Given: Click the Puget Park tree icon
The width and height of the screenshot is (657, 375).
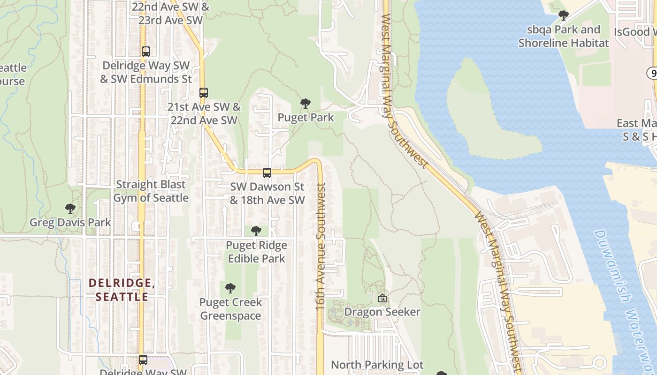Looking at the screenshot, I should tap(306, 103).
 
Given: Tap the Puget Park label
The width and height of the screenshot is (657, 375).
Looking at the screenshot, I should tap(306, 117).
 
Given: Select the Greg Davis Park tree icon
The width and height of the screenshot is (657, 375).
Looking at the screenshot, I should tap(70, 208).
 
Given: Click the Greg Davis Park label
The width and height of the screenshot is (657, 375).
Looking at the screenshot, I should tap(70, 222).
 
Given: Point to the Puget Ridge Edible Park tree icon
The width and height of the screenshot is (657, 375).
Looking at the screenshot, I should tap(256, 231).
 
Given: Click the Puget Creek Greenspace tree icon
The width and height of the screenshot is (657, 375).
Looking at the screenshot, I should tap(230, 288).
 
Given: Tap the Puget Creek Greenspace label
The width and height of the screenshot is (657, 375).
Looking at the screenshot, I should tap(230, 309).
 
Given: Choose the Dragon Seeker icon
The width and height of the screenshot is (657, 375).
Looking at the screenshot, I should tap(382, 298).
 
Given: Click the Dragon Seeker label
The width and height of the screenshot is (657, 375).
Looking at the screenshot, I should tap(382, 312).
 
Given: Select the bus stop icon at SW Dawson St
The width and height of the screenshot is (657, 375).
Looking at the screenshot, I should tap(267, 172).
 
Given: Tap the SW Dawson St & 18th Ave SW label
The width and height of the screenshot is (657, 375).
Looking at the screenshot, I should tap(267, 194).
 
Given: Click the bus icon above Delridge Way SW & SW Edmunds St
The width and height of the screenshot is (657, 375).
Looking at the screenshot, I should tap(146, 52).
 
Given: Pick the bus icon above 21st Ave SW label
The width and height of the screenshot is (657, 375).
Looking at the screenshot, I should tap(203, 93).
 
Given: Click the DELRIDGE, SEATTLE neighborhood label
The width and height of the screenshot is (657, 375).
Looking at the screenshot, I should tap(122, 290).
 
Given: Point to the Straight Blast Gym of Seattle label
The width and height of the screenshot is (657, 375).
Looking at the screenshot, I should tap(151, 191).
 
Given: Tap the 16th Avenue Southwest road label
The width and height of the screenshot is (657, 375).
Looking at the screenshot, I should tap(321, 246).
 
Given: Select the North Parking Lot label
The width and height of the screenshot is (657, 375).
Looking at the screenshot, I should tap(377, 365).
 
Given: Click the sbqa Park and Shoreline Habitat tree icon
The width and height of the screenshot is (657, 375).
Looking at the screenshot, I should tap(564, 15).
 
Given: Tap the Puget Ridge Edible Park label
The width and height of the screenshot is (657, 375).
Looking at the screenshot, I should tap(256, 252).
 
